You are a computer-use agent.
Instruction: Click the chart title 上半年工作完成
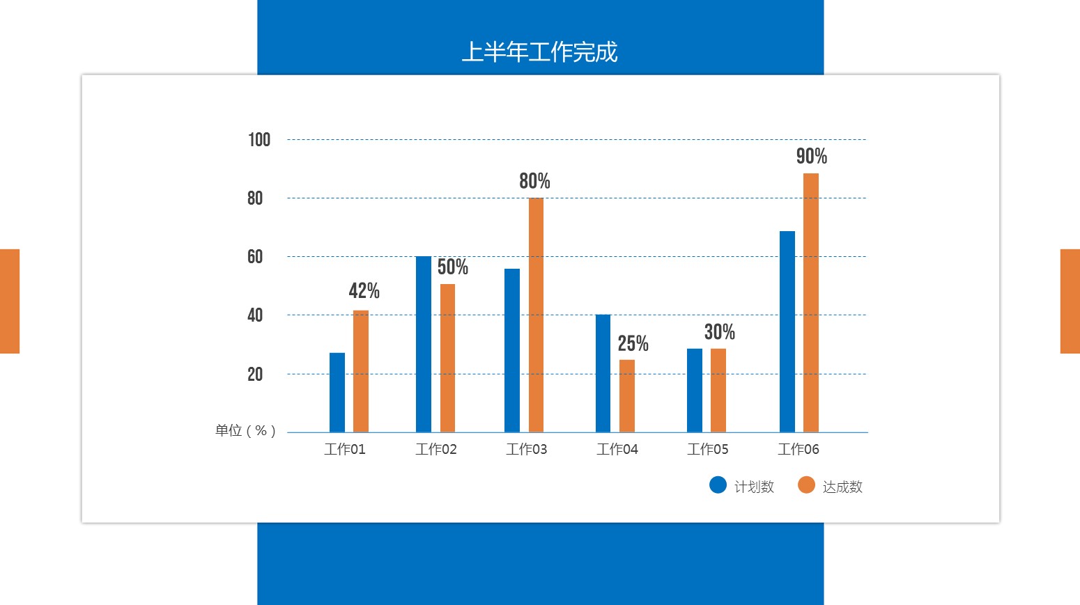pos(539,52)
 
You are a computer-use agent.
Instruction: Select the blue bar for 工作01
pos(337,393)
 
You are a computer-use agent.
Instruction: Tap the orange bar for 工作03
pos(536,315)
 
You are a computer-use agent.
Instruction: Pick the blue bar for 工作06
pos(787,331)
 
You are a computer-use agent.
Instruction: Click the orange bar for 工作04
pos(627,395)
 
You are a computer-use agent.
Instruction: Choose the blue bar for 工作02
pos(424,344)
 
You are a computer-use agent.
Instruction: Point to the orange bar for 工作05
pos(718,390)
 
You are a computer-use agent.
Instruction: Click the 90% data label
pos(812,157)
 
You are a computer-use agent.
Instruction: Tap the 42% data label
pos(364,291)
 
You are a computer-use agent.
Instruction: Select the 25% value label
pos(633,344)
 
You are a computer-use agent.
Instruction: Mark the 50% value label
pos(453,267)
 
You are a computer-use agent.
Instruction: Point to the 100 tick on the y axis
pos(259,140)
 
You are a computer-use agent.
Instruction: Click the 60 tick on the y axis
pos(255,257)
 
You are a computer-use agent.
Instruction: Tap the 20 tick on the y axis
pos(255,375)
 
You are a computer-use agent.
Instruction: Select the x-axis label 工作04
pos(617,450)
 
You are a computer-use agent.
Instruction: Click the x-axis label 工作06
pos(799,450)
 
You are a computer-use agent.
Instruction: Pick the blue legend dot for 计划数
pos(718,485)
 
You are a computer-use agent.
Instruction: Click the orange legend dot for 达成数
pos(806,485)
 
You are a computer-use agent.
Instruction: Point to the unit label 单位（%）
pos(245,431)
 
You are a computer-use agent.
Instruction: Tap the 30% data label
pos(720,332)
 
